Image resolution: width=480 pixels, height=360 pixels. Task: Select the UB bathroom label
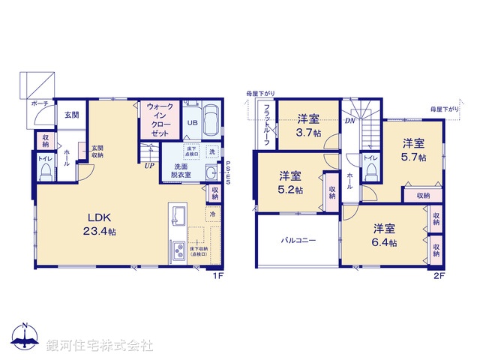coord(192,123)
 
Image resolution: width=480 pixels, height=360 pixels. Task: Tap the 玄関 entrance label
coord(71,115)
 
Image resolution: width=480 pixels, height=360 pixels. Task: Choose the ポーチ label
coord(40,103)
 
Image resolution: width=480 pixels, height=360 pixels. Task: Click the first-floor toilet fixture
coord(44,173)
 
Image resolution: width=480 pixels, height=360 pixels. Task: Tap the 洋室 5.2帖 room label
coord(291,183)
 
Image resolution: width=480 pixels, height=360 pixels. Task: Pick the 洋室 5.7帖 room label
coord(412,150)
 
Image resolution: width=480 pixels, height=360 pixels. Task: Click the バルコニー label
coord(298,241)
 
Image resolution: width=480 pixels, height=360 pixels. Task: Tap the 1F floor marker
coord(218,275)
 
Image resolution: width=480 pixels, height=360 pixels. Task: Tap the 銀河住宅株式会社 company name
coord(100,345)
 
